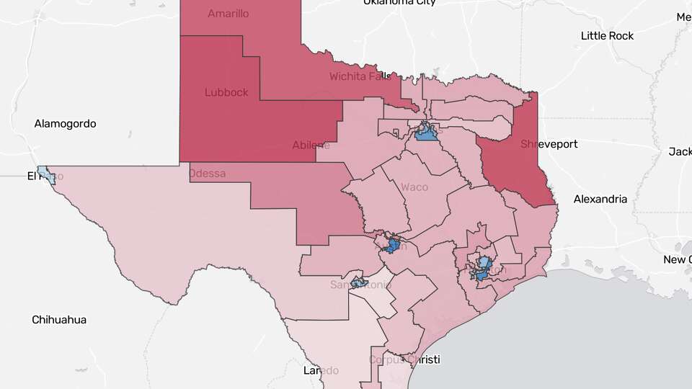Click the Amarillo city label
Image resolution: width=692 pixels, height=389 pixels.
[x=229, y=14]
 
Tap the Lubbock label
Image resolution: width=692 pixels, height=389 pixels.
[x=226, y=92]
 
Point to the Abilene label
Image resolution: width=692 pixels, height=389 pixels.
[x=311, y=145]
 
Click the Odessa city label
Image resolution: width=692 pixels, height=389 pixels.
[x=207, y=174]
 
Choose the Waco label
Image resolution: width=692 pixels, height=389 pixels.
[x=414, y=187]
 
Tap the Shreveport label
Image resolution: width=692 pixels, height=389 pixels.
[x=549, y=144]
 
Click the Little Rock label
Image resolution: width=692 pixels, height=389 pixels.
[x=608, y=36]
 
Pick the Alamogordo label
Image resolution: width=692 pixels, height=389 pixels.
[x=65, y=124]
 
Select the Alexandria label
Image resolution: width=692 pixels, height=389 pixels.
[x=600, y=200]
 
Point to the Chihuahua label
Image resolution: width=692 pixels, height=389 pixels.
[x=59, y=319]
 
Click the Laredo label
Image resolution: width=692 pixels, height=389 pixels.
[x=321, y=370]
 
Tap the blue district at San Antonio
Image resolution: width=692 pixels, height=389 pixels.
[x=358, y=282]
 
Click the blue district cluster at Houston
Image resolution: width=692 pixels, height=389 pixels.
[x=483, y=267]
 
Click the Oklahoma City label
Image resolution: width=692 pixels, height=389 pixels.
[x=399, y=2]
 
